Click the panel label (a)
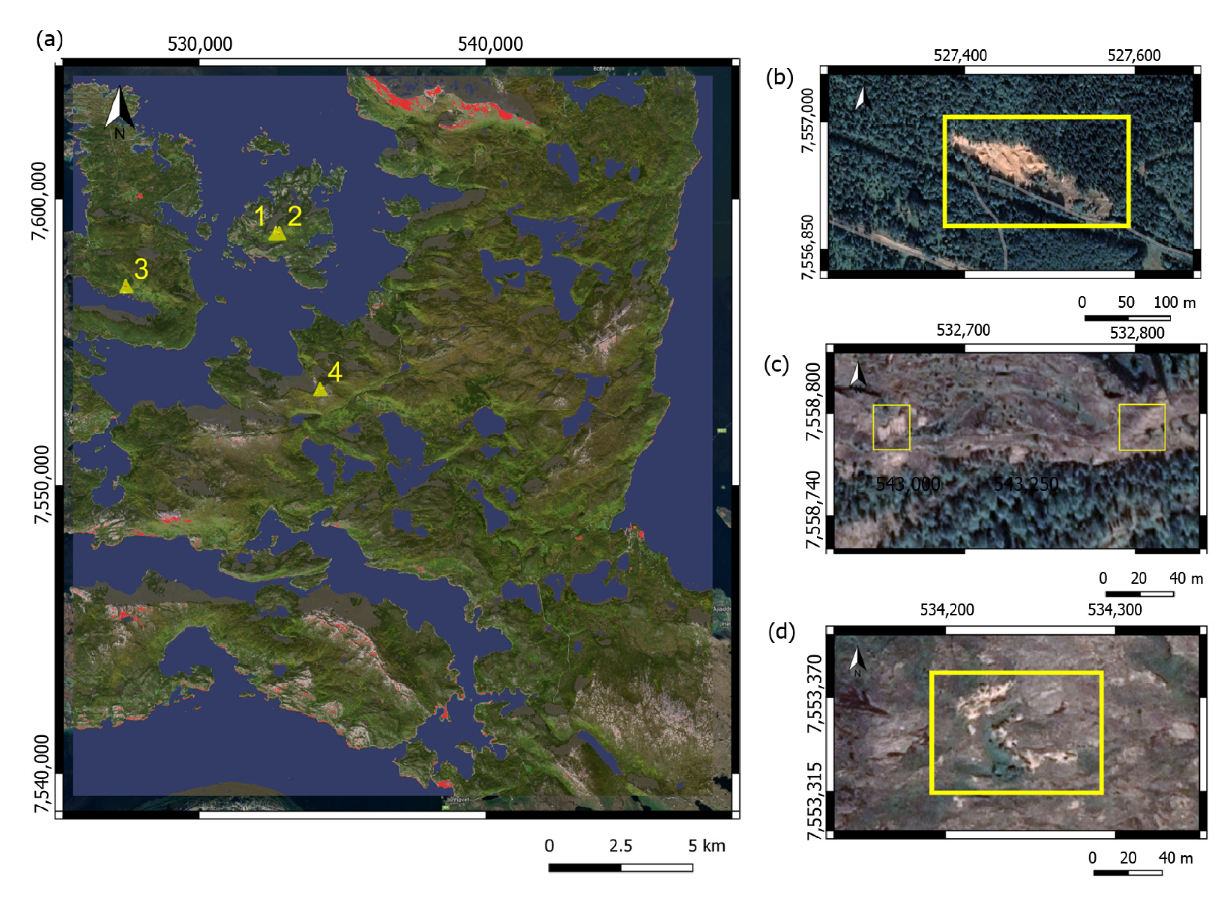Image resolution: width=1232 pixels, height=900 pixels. point(50,40)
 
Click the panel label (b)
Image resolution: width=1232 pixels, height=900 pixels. point(779,77)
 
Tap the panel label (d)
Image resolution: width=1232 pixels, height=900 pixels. point(781,631)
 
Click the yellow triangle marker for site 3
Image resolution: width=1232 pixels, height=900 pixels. point(126,286)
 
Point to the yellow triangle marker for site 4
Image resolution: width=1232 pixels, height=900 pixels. point(320,390)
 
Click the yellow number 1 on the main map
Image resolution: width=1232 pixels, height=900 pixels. point(260,217)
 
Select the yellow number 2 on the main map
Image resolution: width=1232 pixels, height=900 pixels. point(295,217)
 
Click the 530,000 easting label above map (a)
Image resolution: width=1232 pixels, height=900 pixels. point(200,44)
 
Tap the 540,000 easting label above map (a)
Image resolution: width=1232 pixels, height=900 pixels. point(490,44)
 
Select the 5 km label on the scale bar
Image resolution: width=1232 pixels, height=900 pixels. point(707,845)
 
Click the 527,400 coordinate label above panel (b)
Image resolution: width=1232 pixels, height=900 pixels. point(960,55)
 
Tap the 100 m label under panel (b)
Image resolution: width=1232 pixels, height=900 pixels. point(1174,302)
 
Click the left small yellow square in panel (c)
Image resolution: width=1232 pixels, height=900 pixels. point(891,427)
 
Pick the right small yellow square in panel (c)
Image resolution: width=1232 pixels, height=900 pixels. point(1141,427)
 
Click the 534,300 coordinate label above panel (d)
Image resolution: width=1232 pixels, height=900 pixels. point(1114,609)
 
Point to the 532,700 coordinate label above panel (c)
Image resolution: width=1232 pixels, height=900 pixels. point(963,330)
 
